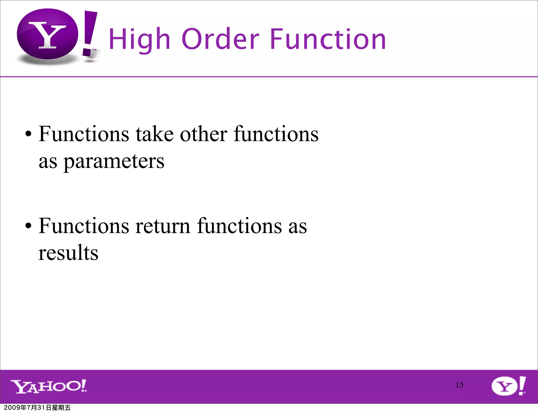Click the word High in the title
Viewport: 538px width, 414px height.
(x=139, y=39)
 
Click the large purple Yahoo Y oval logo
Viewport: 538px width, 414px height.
(x=48, y=34)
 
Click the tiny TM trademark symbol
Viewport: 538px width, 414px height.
(x=94, y=50)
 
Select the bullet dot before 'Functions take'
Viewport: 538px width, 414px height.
(x=28, y=134)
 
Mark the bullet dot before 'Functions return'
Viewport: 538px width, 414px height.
(x=28, y=226)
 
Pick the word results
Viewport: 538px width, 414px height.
(x=68, y=253)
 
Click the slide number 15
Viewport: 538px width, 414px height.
(x=459, y=385)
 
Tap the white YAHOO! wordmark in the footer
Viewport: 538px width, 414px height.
(x=49, y=386)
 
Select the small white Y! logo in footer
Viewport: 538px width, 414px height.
(x=508, y=386)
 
